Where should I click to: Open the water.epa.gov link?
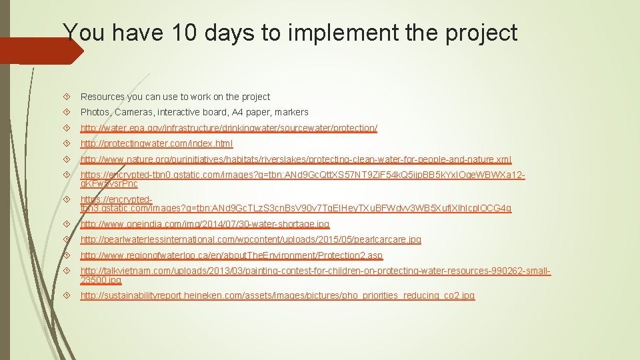pyautogui.click(x=229, y=128)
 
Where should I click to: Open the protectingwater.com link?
pyautogui.click(x=157, y=144)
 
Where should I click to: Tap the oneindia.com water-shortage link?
pyautogui.click(x=205, y=224)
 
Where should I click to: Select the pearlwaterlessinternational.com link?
pyautogui.click(x=251, y=239)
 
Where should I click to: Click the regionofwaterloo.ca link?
pyautogui.click(x=231, y=255)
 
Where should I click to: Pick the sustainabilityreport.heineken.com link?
pyautogui.click(x=277, y=295)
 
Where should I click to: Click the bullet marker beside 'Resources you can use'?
pyautogui.click(x=70, y=97)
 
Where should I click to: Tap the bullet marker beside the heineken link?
pyautogui.click(x=70, y=295)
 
